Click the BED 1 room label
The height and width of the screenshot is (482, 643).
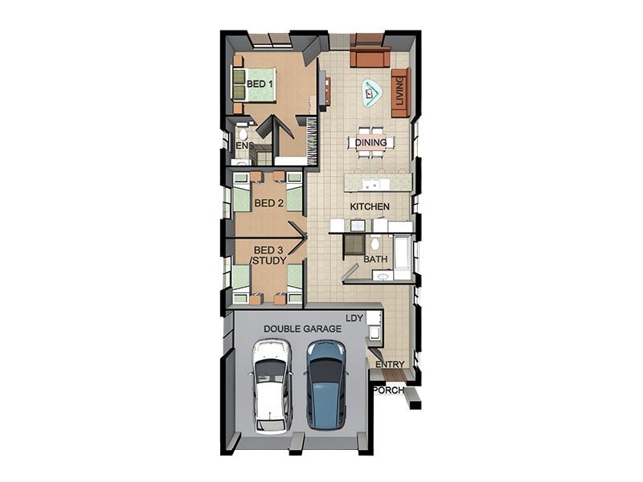click(260, 84)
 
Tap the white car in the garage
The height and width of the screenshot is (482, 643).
click(271, 386)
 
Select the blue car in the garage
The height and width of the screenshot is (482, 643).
click(326, 385)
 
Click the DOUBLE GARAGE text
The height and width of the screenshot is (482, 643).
click(302, 329)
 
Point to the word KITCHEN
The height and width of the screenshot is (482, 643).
click(370, 206)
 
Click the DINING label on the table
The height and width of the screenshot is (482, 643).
click(371, 143)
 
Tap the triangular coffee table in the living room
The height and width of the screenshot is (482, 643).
click(372, 93)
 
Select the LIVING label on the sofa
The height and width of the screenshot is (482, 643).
click(399, 92)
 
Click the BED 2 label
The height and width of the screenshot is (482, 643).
click(268, 203)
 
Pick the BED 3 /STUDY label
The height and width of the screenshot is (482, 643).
click(268, 255)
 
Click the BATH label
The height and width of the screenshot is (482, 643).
click(375, 259)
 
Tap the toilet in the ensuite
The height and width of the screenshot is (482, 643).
click(242, 133)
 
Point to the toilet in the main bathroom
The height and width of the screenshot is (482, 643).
click(375, 243)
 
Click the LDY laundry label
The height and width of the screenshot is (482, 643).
click(354, 318)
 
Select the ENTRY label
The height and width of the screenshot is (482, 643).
click(390, 364)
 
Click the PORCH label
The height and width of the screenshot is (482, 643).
click(388, 390)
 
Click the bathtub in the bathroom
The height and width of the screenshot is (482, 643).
click(403, 254)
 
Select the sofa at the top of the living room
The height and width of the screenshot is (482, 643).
click(370, 56)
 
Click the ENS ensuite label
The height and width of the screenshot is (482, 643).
click(245, 145)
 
